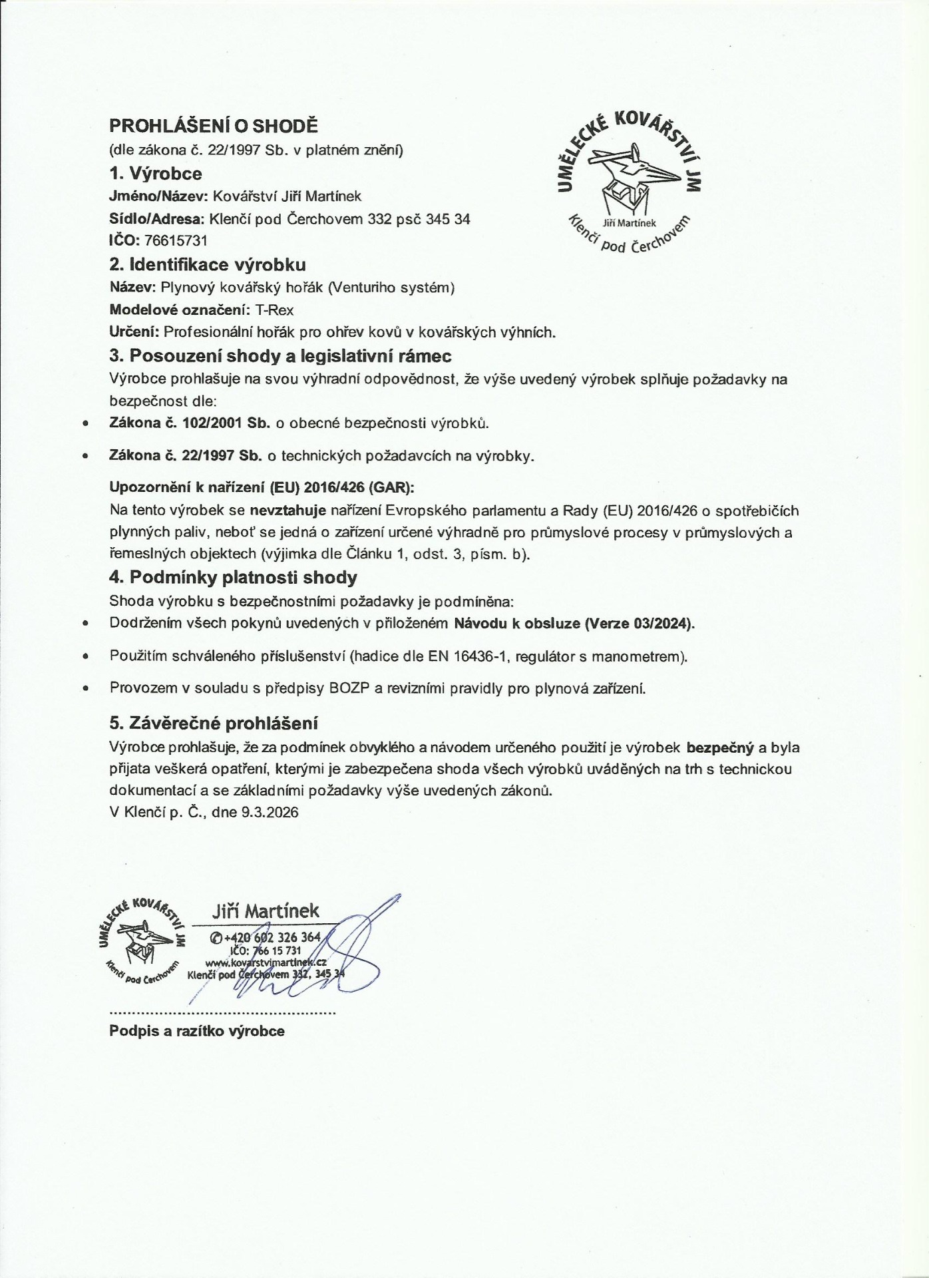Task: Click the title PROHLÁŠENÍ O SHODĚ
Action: tap(214, 126)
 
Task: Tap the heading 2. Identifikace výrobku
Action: tap(208, 265)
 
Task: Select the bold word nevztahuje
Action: tap(287, 511)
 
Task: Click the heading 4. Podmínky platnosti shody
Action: tap(233, 577)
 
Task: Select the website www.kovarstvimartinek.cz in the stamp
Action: tap(265, 963)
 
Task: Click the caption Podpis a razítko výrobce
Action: tap(197, 1031)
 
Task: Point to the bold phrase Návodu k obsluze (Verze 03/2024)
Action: tap(574, 624)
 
